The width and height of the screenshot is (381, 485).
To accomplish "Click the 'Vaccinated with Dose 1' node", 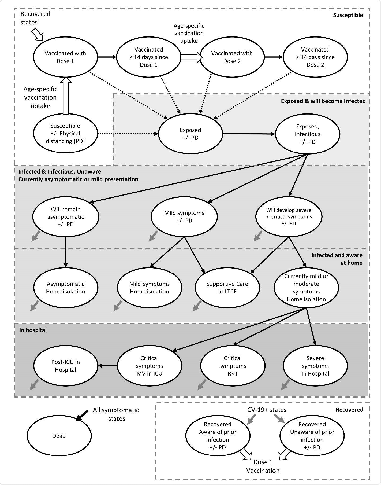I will point(65,57).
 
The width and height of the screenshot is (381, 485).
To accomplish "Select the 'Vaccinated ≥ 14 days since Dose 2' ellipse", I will point(315,57).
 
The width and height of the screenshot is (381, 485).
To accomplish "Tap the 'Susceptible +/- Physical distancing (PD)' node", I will point(65,133).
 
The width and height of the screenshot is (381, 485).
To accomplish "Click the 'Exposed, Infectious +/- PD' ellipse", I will point(307,134).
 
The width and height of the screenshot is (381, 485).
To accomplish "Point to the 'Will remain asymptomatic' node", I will point(66,216).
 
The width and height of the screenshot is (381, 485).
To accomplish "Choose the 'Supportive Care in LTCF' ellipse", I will point(227,288).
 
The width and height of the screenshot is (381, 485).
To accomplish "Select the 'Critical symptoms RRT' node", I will point(233,366).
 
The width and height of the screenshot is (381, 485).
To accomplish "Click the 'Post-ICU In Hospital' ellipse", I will point(66,366).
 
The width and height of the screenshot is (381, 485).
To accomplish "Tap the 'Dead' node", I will point(59,436).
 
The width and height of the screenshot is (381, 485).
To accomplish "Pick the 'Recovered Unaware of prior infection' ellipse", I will point(312,436).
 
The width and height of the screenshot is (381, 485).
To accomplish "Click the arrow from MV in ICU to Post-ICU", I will point(108,365).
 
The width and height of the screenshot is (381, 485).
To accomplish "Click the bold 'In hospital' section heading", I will point(33,330).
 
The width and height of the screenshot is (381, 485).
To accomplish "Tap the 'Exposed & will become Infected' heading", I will point(323,101).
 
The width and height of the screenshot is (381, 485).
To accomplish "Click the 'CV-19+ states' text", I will point(267,410).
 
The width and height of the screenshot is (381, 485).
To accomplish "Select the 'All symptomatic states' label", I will point(116,414).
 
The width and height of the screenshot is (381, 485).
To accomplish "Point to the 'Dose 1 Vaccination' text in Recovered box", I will point(263,466).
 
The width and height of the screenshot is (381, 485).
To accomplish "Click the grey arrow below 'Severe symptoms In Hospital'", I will point(285,385).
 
